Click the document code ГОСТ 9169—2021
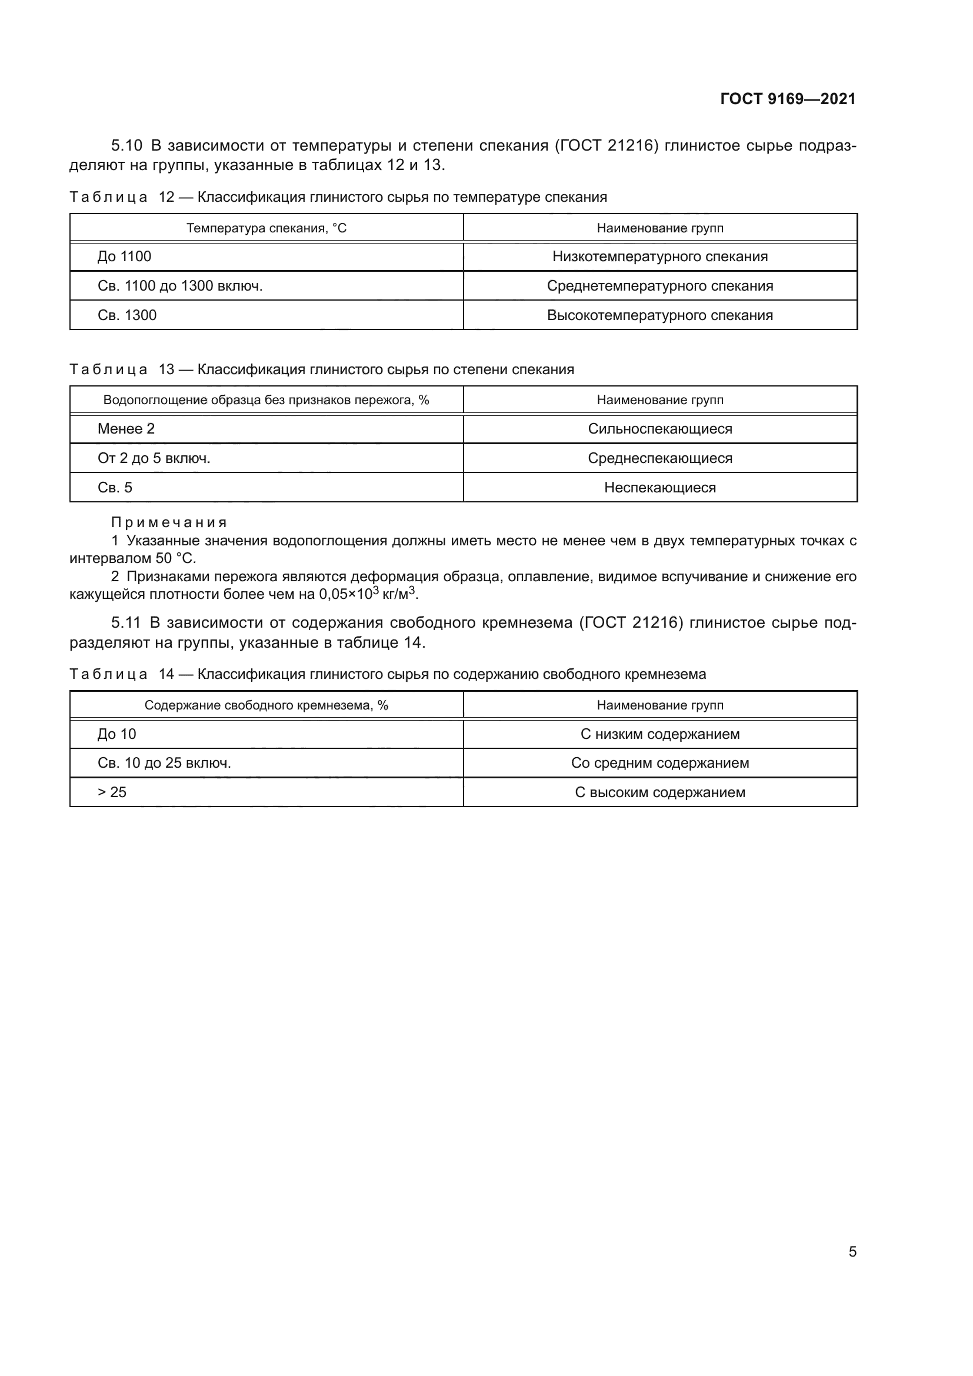point(787,99)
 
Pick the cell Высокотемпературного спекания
point(659,315)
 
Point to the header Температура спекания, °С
point(266,228)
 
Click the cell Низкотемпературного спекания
point(659,256)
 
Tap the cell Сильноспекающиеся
point(659,428)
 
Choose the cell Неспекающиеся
point(659,487)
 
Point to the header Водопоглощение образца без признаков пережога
point(266,399)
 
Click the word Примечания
point(169,522)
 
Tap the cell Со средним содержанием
point(659,763)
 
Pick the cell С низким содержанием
point(659,734)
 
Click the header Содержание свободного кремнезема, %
point(266,705)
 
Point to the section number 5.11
point(126,622)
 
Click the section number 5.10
point(126,146)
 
